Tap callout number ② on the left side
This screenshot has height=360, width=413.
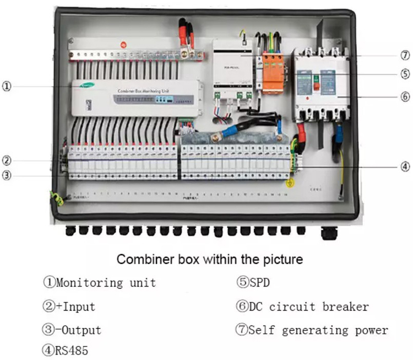coord(6,161)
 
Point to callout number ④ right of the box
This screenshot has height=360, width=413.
coord(405,166)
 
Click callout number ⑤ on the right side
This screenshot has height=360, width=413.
coord(405,73)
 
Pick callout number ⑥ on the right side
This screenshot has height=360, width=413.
coord(405,96)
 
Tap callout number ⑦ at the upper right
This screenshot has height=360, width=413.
coord(405,56)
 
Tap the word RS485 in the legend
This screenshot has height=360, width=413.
coord(70,350)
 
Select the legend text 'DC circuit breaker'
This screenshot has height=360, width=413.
coord(308,307)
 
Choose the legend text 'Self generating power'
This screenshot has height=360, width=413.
coord(318,330)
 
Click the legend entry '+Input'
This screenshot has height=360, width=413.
coord(75,307)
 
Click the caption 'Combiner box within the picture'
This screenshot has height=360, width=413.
coord(209,259)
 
